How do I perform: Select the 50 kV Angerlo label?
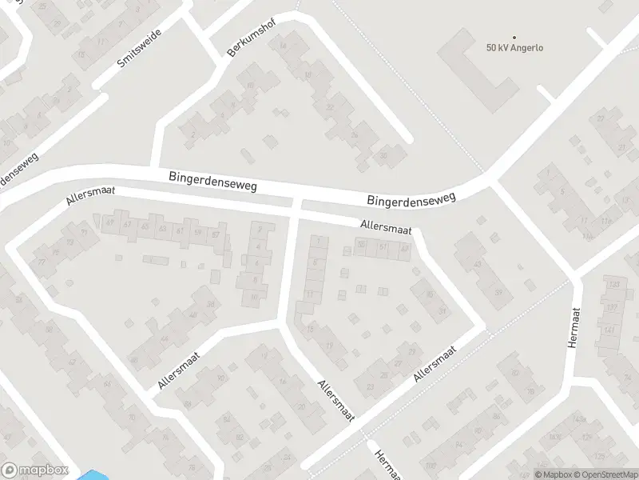click(514, 47)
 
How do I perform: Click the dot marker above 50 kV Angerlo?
click(514, 37)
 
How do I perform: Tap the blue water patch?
click(91, 475)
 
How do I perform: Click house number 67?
click(128, 225)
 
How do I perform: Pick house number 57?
click(215, 234)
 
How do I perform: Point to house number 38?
click(211, 304)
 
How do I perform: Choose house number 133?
click(613, 285)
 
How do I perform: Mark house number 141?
click(610, 330)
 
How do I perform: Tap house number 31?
click(442, 310)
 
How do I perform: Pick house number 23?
click(370, 387)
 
